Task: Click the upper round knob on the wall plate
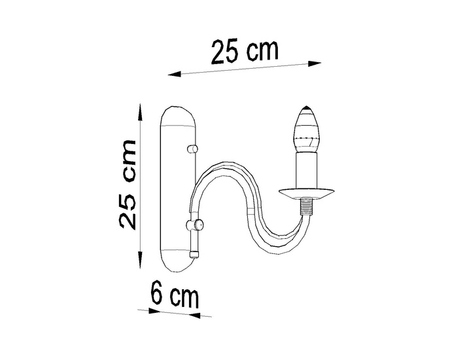[x=192, y=150]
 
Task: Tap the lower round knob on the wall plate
[x=193, y=226]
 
